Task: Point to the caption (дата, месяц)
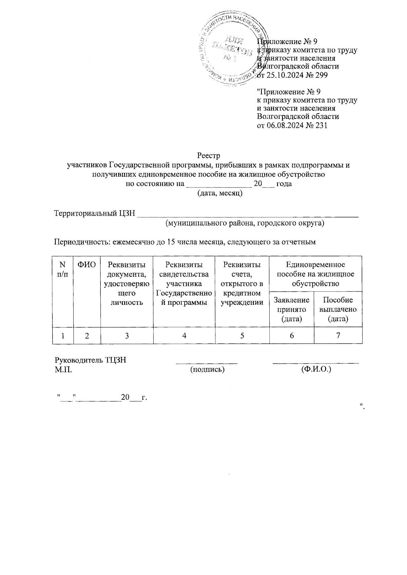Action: click(x=220, y=194)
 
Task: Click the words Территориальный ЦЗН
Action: click(x=95, y=214)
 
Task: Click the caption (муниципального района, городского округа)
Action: click(x=245, y=223)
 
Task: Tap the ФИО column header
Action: click(x=87, y=264)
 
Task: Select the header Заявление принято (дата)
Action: click(x=292, y=309)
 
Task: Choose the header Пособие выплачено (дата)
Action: click(x=338, y=309)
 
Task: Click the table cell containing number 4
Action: click(x=184, y=336)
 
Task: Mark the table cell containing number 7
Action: click(x=338, y=336)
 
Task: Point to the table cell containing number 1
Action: click(x=63, y=336)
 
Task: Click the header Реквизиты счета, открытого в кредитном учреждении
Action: click(x=242, y=283)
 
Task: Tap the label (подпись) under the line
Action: click(x=208, y=370)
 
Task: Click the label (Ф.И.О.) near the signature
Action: click(x=316, y=370)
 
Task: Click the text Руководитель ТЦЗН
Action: click(x=91, y=360)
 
